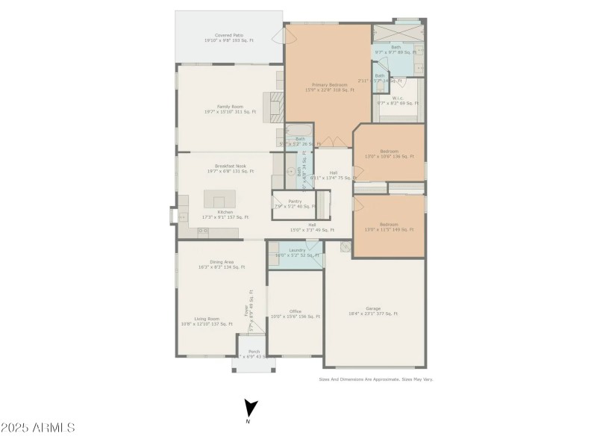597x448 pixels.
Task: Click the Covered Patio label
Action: coord(230,37)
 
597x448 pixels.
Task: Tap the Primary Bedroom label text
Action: coord(329,87)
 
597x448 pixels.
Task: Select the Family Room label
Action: coord(229,109)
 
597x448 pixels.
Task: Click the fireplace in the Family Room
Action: coord(275,107)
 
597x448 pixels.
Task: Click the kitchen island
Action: coord(219,202)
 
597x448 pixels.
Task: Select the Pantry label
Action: coord(295,203)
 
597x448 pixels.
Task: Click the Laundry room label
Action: coord(297,252)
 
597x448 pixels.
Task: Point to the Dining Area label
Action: coord(222,264)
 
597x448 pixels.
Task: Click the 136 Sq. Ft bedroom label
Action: coord(389,154)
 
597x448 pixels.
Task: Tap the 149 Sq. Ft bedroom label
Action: coord(389,227)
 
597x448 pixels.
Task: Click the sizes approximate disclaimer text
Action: coord(375,379)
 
